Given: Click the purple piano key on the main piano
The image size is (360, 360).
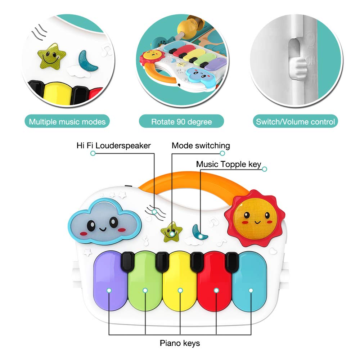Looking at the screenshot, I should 110,284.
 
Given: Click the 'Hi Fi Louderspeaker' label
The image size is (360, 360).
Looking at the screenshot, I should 113,145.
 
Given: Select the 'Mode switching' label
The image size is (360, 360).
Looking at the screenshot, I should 201,145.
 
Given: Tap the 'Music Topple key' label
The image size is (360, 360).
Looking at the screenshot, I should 229,164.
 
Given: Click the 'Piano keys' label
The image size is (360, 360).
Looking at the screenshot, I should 180,343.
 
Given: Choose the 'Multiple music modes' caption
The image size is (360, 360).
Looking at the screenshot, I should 67,122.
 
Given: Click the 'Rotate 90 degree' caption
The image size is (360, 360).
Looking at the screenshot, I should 181,122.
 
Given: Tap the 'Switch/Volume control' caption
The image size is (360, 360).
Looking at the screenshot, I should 295,122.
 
